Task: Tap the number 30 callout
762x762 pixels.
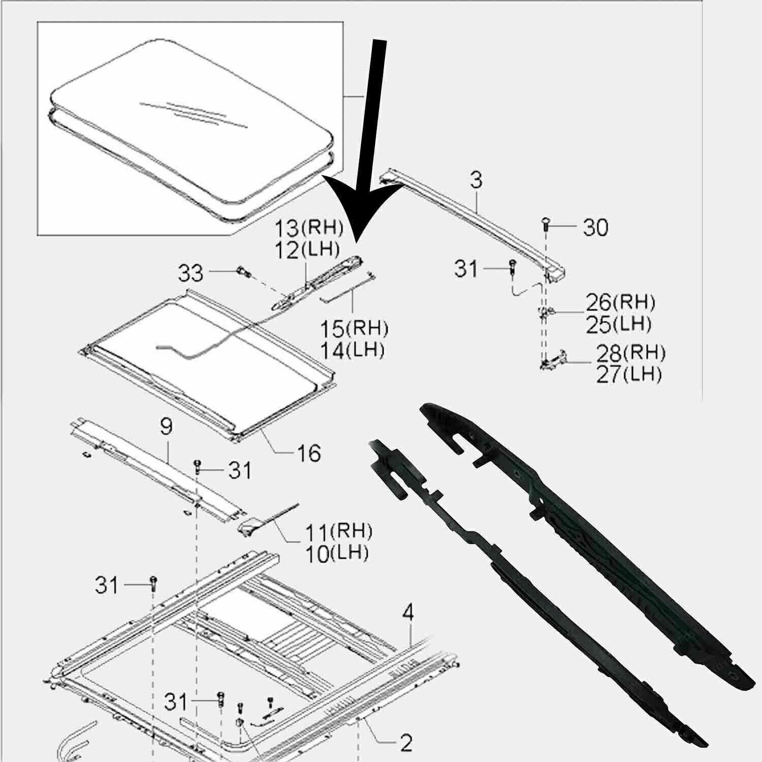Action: tap(595, 228)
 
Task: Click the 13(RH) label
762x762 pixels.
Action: tap(309, 229)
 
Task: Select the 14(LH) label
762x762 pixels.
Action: tap(352, 351)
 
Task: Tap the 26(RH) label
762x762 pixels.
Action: tap(620, 303)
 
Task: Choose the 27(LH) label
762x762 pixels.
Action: tap(629, 375)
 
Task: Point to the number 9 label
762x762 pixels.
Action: tap(166, 427)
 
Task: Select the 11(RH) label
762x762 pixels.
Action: tap(338, 531)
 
